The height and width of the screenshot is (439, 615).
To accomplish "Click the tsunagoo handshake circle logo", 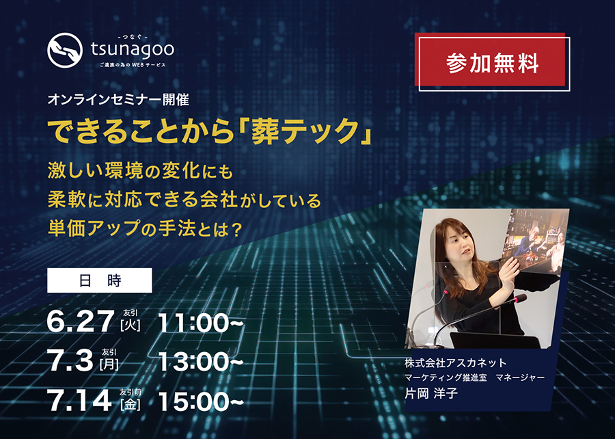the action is [65, 50].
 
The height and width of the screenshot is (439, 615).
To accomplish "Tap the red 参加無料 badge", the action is [492, 62].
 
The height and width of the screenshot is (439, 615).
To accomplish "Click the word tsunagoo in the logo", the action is [133, 50].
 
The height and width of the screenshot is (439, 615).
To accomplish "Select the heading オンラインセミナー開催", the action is [118, 100].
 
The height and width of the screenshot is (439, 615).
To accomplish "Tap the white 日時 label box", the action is [100, 280].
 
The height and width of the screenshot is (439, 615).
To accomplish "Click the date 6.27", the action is [81, 321].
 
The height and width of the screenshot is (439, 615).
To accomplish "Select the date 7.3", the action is [70, 361].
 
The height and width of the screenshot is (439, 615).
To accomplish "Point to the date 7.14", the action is [80, 401].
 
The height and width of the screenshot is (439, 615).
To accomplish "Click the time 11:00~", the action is [201, 323].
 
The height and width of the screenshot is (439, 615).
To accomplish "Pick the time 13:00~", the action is [201, 362].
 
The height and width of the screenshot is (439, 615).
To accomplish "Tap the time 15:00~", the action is [201, 401].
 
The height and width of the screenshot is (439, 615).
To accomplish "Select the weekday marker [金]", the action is [131, 404].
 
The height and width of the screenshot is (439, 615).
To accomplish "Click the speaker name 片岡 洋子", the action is [431, 393].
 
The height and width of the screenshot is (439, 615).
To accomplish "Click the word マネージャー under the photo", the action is [520, 377].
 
